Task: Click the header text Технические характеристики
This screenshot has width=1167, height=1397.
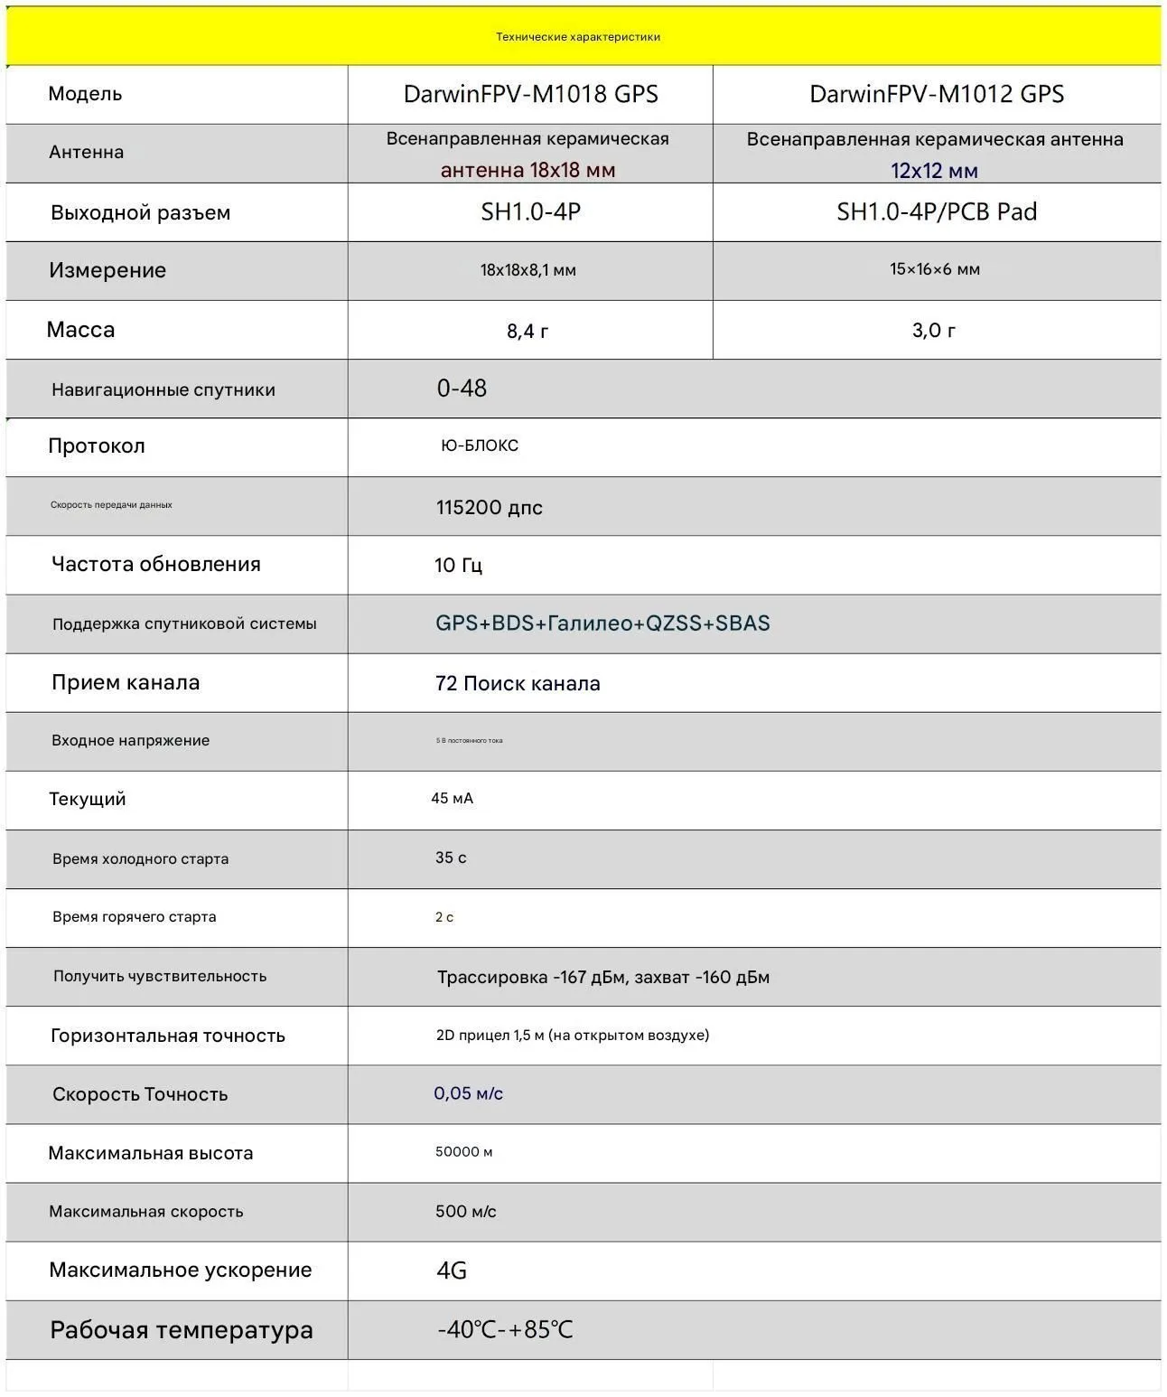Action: click(578, 37)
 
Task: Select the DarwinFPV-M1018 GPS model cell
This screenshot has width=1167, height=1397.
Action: click(530, 94)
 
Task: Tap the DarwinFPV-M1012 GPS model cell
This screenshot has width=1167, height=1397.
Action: click(937, 94)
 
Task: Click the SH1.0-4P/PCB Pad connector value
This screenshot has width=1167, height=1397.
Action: click(937, 211)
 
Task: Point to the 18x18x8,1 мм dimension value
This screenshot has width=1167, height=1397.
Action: click(528, 270)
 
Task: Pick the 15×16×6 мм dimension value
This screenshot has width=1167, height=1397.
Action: click(935, 269)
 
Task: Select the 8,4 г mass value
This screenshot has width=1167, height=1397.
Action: click(527, 331)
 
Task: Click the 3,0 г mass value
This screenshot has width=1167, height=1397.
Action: click(934, 330)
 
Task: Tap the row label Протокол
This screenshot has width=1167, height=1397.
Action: click(97, 446)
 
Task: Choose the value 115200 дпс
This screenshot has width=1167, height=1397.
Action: click(490, 508)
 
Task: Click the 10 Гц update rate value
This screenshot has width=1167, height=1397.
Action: click(458, 566)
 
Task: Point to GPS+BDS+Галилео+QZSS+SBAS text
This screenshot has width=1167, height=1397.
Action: click(602, 623)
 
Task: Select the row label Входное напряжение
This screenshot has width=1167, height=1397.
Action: click(131, 741)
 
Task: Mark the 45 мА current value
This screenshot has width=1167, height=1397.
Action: click(453, 799)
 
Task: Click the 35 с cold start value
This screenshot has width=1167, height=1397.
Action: click(451, 858)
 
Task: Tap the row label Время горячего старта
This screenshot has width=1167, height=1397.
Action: click(135, 917)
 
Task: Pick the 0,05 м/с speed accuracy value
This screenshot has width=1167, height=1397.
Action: click(468, 1093)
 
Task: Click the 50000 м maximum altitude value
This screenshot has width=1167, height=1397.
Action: click(464, 1152)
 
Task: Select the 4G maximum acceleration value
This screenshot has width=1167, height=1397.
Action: click(452, 1270)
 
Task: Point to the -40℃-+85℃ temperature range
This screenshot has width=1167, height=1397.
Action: click(505, 1330)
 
